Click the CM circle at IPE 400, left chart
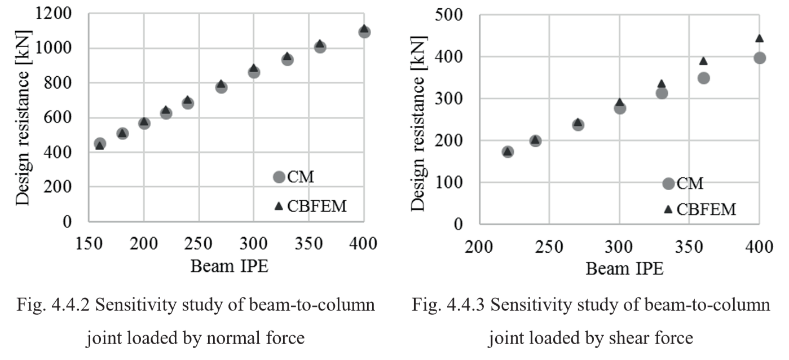click(364, 32)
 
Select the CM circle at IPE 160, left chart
click(100, 144)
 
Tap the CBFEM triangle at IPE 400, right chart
click(759, 38)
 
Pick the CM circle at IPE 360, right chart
click(703, 78)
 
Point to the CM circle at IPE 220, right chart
click(508, 152)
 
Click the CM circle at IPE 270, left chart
click(221, 87)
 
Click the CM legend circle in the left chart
click(278, 177)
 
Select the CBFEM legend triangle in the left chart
click(278, 206)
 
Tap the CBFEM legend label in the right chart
click(707, 210)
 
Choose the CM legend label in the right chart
click(690, 183)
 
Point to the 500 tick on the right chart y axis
click(448, 15)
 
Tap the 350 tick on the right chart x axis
click(689, 248)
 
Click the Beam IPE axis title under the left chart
click(228, 266)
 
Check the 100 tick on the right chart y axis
click(448, 183)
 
